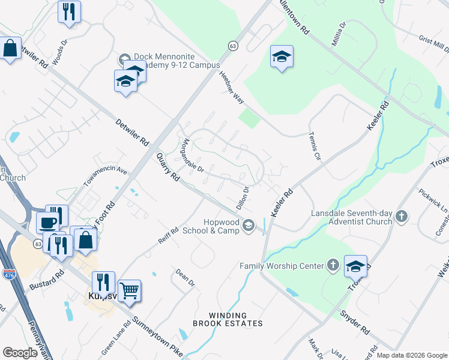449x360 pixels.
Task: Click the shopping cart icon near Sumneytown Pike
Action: click(130, 292)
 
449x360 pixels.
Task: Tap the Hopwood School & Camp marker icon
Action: click(247, 226)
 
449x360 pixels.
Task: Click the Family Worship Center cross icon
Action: click(333, 265)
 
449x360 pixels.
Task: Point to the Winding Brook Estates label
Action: click(228, 319)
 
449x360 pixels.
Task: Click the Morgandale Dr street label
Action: click(193, 155)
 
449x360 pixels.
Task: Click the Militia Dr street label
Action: click(339, 34)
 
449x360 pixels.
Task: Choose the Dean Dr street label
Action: click(185, 277)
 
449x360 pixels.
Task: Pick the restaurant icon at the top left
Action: click(69, 11)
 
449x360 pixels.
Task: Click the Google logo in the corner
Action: click(20, 353)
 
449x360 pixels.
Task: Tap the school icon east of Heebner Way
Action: click(282, 57)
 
